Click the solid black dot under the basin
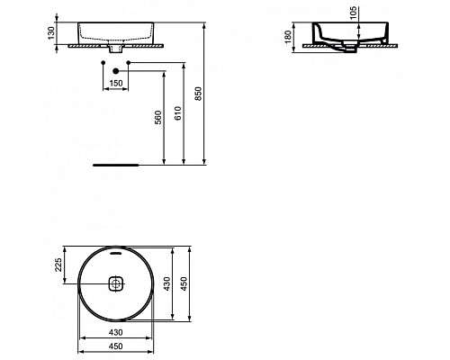coord(102,63)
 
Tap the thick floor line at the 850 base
coord(115,165)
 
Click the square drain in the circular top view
coord(115,286)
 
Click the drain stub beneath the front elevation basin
coord(115,51)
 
